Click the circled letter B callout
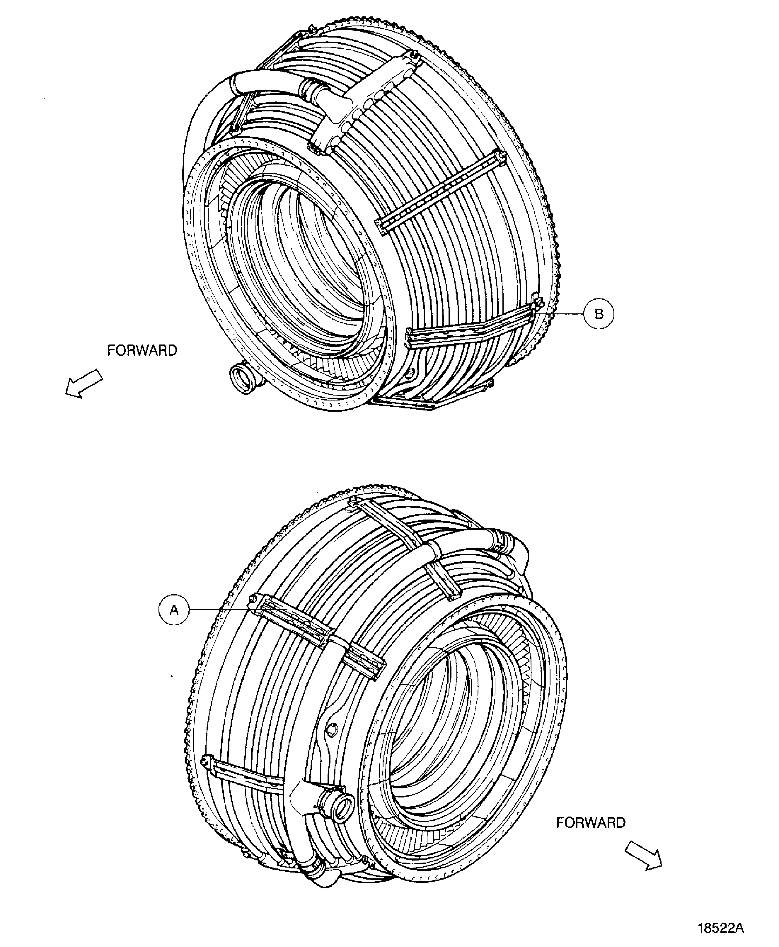599,314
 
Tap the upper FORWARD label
142,350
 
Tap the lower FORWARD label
591,823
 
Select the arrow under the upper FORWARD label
83,382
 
